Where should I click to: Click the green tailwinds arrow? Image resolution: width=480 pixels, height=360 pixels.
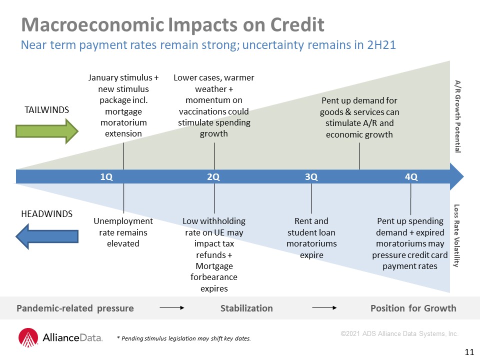pyautogui.click(x=47, y=131)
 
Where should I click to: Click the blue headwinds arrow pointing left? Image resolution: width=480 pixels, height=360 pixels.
pyautogui.click(x=47, y=236)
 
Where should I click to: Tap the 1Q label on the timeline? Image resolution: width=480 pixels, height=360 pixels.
pyautogui.click(x=106, y=177)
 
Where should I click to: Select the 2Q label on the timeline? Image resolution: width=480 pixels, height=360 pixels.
pyautogui.click(x=213, y=177)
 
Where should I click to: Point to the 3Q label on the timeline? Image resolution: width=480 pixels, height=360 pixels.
pyautogui.click(x=311, y=177)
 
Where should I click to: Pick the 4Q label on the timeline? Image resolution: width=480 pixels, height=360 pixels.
pyautogui.click(x=411, y=177)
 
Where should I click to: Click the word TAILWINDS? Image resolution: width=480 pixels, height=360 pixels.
pyautogui.click(x=47, y=110)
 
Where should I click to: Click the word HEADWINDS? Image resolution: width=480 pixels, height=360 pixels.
pyautogui.click(x=47, y=213)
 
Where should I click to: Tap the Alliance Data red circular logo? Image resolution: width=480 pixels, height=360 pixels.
pyautogui.click(x=28, y=337)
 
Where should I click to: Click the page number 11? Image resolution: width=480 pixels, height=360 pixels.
pyautogui.click(x=469, y=352)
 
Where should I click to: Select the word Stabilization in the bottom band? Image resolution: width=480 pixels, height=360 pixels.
pyautogui.click(x=246, y=308)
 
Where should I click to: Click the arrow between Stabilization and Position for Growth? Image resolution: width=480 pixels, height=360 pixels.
pyautogui.click(x=324, y=308)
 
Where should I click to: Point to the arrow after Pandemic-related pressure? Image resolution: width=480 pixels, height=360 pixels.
pyautogui.click(x=172, y=308)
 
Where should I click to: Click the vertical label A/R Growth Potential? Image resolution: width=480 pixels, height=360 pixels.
pyautogui.click(x=457, y=116)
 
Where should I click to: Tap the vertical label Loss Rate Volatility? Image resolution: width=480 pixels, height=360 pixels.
pyautogui.click(x=456, y=235)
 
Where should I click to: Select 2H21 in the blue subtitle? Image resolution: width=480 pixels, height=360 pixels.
pyautogui.click(x=381, y=45)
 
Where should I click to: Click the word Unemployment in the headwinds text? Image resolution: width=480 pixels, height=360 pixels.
pyautogui.click(x=123, y=221)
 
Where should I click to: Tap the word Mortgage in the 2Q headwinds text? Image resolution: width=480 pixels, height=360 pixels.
pyautogui.click(x=214, y=266)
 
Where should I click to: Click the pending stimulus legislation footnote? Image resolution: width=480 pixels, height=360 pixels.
pyautogui.click(x=183, y=338)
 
